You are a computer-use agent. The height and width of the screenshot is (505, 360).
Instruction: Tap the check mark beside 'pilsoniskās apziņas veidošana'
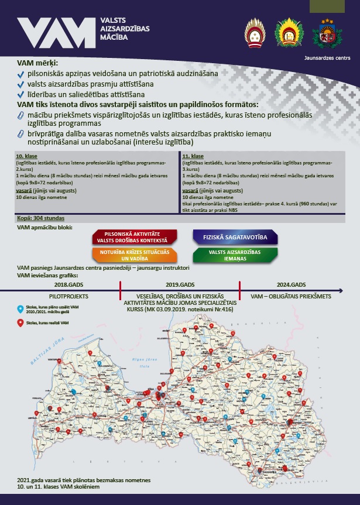tap(21, 75)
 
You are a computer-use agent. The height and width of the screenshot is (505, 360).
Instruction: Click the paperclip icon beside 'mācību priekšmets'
tap(21, 115)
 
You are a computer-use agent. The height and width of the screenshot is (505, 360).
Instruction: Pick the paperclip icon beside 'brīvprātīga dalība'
tap(21, 134)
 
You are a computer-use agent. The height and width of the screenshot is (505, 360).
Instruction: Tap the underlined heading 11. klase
tap(193, 157)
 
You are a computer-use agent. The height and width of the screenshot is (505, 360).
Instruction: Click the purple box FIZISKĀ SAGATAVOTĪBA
tap(235, 236)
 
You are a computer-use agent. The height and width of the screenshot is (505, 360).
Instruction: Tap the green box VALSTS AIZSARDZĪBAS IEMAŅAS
tap(234, 255)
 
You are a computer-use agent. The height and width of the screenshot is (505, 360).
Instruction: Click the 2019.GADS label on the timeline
tap(180, 284)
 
